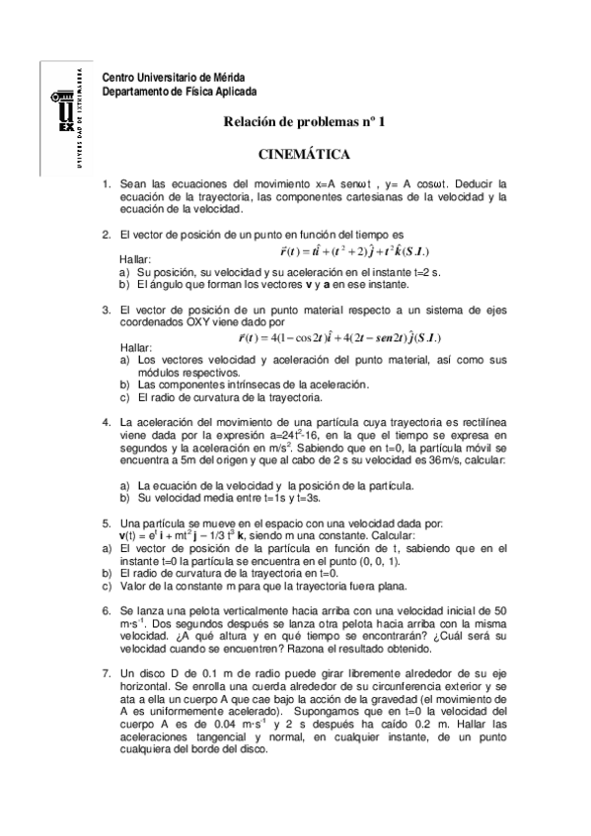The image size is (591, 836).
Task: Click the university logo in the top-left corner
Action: pyautogui.click(x=66, y=114)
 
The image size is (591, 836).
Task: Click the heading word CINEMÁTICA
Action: pyautogui.click(x=303, y=155)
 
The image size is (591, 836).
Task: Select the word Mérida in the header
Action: pyautogui.click(x=228, y=78)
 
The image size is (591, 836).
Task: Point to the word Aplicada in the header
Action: pyautogui.click(x=231, y=91)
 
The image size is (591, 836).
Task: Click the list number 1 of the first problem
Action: pyautogui.click(x=107, y=184)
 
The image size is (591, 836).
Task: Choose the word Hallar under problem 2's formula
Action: pyautogui.click(x=135, y=259)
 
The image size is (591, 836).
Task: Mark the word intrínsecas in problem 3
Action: pyautogui.click(x=244, y=385)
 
